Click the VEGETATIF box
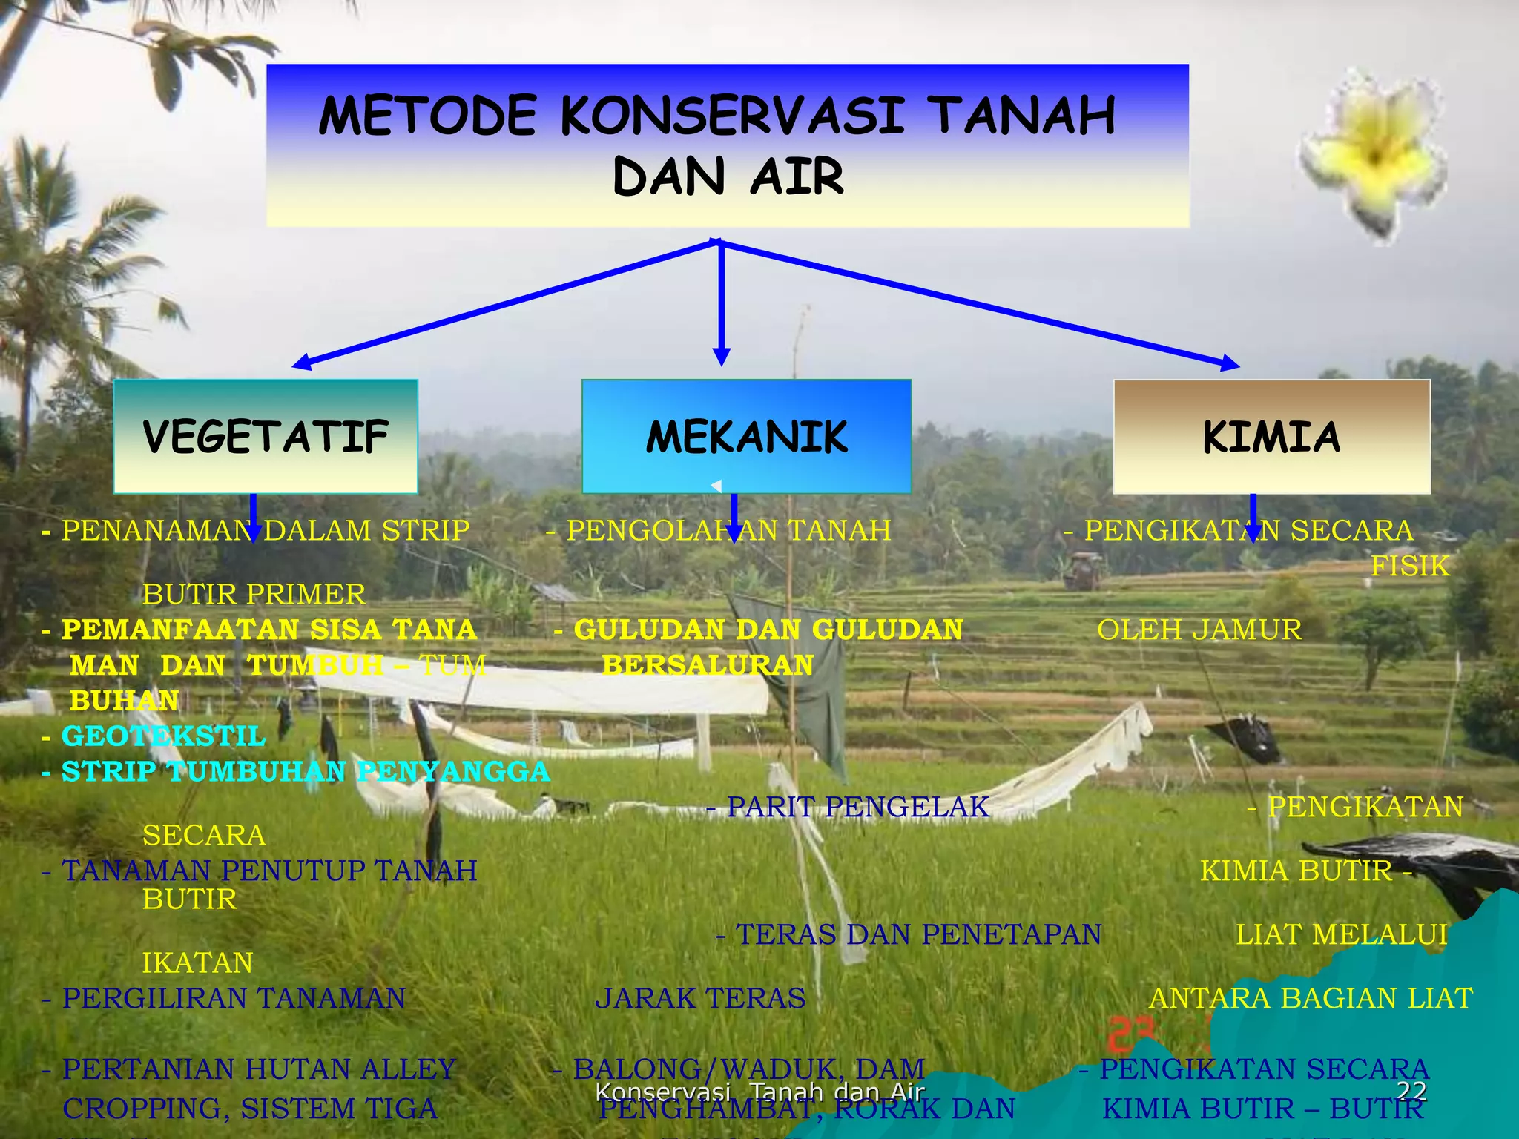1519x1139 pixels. tap(266, 436)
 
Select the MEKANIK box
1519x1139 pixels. tap(746, 436)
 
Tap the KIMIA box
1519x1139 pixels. tap(1271, 436)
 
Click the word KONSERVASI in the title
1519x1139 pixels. tap(731, 116)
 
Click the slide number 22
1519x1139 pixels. tap(1411, 1091)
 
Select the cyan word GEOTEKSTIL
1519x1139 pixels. tap(163, 736)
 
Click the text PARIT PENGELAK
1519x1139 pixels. tap(857, 807)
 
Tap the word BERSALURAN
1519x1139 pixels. tap(708, 665)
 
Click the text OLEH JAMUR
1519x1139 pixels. tap(1199, 630)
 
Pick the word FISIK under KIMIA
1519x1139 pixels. tap(1409, 566)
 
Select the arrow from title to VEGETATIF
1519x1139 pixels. tap(504, 304)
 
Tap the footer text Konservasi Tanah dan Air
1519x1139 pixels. tap(760, 1092)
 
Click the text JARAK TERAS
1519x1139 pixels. tap(700, 998)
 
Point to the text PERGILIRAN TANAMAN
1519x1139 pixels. tap(233, 998)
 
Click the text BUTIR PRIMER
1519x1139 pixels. tap(254, 594)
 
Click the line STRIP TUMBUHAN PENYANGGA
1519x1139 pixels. tap(304, 771)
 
